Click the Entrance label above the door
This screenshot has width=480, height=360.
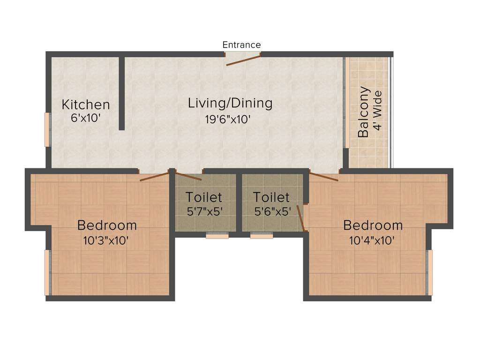point(241,45)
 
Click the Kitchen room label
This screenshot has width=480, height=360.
point(86,105)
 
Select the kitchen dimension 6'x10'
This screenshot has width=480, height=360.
point(86,118)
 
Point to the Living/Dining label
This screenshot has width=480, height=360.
point(230,103)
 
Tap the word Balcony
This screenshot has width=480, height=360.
point(363,112)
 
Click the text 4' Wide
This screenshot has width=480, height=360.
point(377,112)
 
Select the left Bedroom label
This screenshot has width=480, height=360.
point(107,225)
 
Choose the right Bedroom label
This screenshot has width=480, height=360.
point(373,225)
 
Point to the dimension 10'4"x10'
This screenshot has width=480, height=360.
point(371,241)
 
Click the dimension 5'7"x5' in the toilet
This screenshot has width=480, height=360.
point(204,211)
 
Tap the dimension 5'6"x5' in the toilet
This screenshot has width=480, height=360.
point(272,211)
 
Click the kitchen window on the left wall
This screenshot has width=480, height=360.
point(47,129)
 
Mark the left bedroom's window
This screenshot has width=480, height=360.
point(47,273)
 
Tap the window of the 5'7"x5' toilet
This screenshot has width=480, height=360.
point(217,236)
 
